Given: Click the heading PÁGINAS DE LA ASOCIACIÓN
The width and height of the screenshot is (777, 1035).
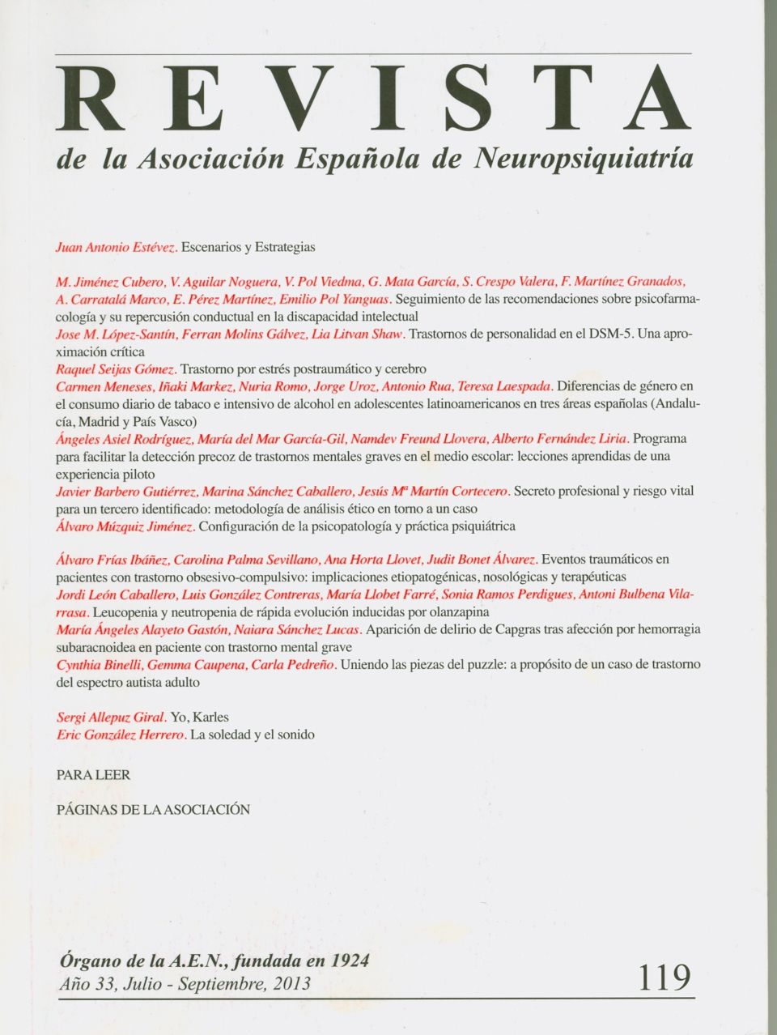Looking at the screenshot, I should click(x=153, y=809).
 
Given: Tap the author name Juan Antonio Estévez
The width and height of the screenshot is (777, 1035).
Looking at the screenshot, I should click(x=115, y=246).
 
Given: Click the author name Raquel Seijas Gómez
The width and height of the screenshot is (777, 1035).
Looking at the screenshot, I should click(x=116, y=369).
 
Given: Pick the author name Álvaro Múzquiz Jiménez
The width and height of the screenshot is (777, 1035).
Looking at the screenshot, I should click(x=125, y=526).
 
